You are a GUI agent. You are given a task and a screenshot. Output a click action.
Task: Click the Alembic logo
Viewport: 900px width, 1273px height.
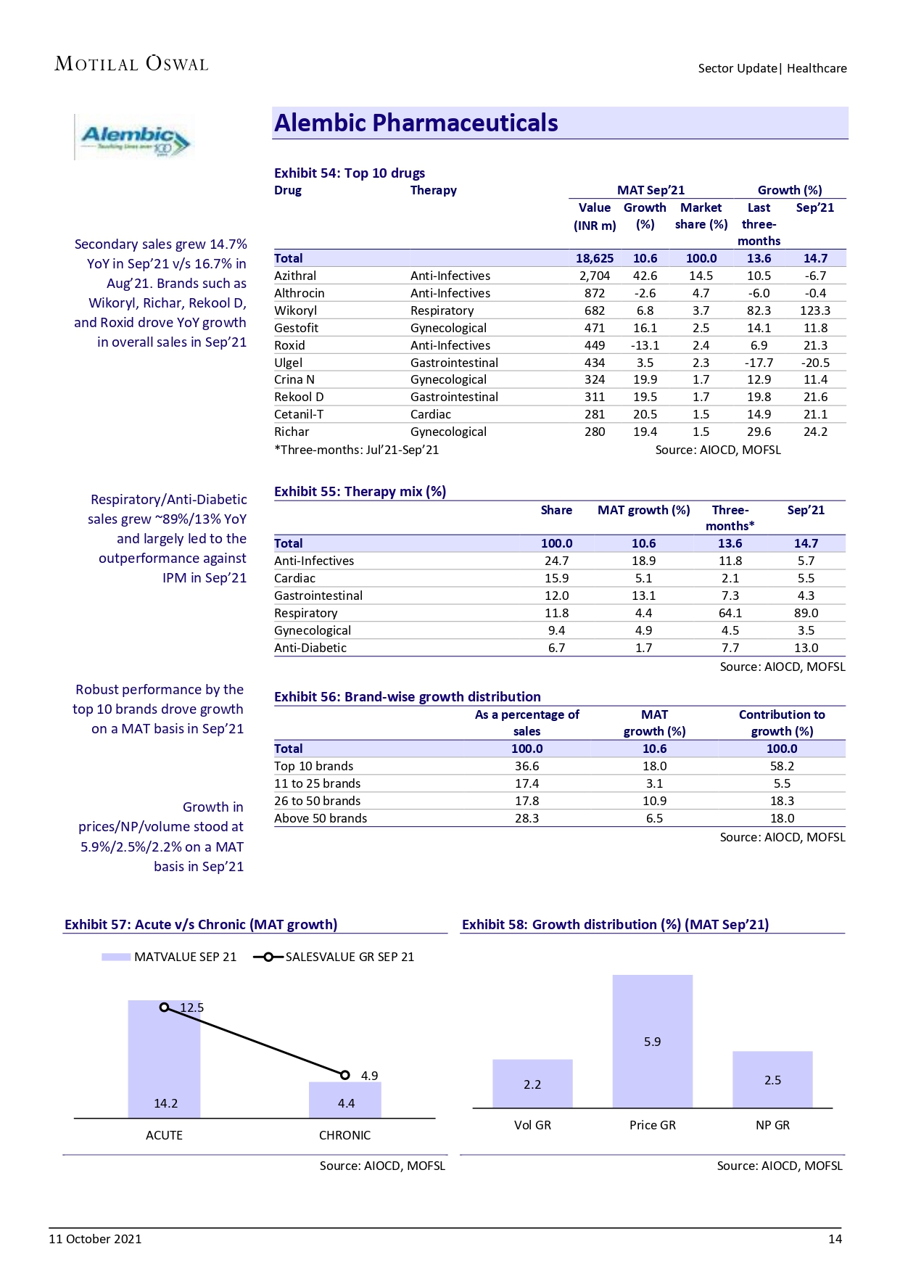pos(135,137)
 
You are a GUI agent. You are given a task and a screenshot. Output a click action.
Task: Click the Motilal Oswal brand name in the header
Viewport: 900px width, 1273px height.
pos(131,64)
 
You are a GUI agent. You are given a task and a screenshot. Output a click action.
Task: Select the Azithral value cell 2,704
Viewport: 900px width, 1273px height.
pos(594,276)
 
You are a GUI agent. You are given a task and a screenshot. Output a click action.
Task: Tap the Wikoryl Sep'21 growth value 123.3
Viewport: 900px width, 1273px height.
pos(815,310)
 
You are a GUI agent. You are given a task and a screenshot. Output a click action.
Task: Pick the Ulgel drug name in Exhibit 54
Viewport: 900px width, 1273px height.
pos(288,363)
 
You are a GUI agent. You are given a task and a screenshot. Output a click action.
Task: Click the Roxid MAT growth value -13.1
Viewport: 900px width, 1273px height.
pos(645,345)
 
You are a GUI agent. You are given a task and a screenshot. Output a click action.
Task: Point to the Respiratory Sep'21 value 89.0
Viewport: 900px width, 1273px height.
pos(806,613)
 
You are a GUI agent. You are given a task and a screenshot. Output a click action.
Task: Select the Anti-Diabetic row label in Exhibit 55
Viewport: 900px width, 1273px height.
pos(310,648)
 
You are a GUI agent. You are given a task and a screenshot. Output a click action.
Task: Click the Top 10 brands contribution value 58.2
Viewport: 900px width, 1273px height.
pos(782,766)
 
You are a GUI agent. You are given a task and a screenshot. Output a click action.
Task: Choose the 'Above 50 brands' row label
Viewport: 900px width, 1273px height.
pos(321,818)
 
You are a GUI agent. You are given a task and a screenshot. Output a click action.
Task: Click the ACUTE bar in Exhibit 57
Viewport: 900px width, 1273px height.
pos(164,1059)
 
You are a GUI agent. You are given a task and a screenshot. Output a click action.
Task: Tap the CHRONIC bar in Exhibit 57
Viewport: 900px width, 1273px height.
pos(345,1100)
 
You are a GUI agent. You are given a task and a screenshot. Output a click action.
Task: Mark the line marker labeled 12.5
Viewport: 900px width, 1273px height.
pos(165,1008)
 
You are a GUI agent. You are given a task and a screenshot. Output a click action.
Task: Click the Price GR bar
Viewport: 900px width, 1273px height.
pos(652,1041)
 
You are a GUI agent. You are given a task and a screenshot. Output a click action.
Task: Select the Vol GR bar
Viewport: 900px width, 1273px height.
pos(532,1084)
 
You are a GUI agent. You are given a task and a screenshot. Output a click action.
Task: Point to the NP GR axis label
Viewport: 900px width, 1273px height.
pos(772,1125)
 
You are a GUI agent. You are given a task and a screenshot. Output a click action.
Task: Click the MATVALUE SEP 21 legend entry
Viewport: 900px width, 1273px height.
pos(170,957)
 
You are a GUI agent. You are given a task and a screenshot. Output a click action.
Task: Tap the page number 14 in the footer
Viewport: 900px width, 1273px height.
pos(835,1239)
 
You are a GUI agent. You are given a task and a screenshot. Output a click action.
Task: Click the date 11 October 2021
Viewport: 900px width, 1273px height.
pos(95,1239)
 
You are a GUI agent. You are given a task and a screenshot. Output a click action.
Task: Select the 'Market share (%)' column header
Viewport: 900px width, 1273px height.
pos(701,216)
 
